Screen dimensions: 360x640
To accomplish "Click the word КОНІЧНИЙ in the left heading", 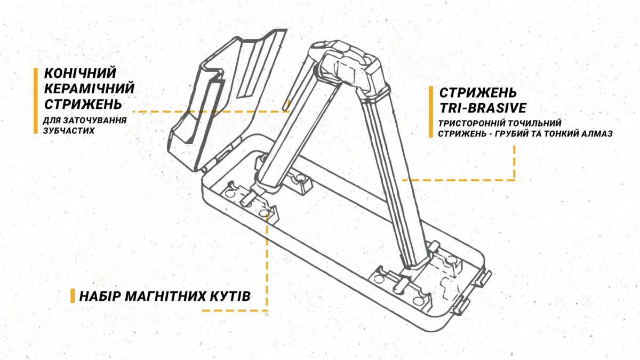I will pos(79,74).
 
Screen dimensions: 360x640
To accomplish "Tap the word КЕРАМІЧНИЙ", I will pos(89,88).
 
